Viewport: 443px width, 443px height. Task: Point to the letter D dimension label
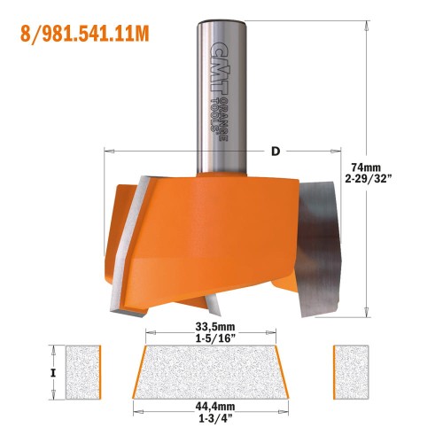point(276,152)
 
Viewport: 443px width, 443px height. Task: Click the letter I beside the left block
point(54,373)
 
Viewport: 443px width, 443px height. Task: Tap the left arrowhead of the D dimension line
point(108,152)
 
